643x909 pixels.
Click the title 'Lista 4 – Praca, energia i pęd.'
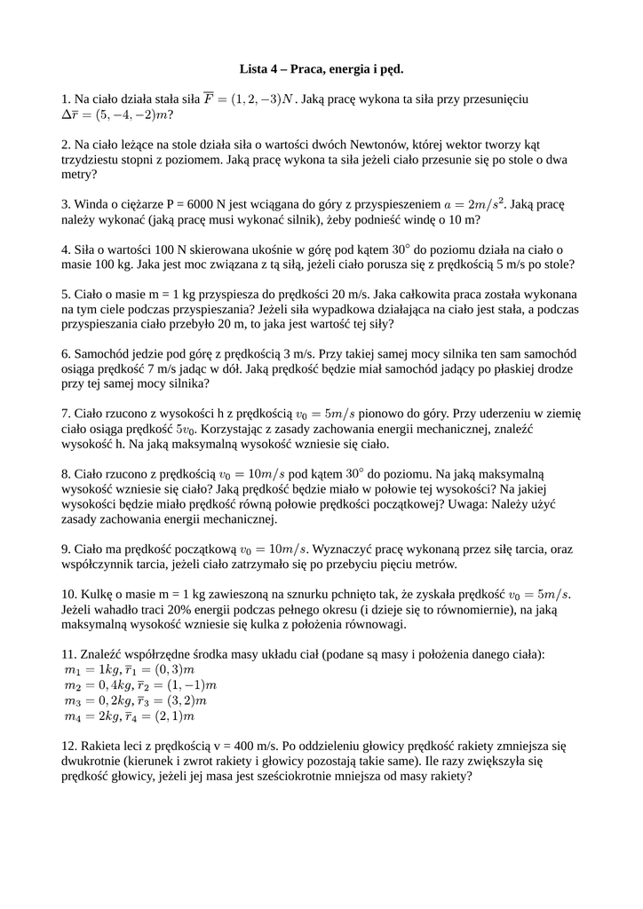point(321,67)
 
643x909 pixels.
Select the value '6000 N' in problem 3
point(233,203)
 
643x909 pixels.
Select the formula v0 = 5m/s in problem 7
point(325,414)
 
